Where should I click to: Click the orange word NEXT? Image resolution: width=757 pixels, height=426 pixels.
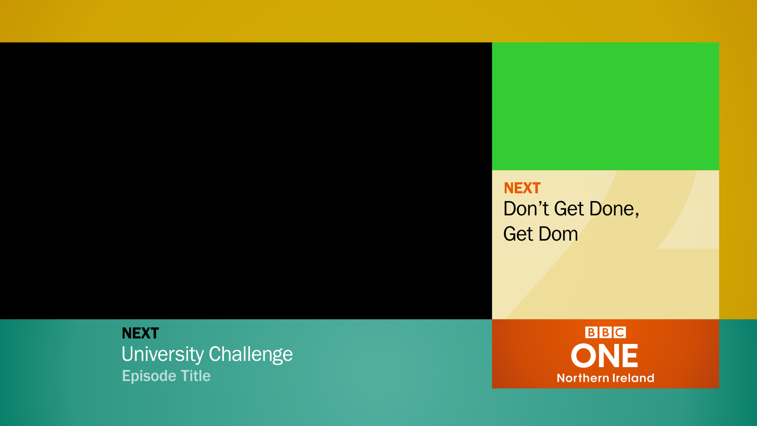coord(522,188)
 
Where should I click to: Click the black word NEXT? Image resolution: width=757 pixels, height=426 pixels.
coord(140,333)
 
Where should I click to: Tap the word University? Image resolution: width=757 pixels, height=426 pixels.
coord(163,354)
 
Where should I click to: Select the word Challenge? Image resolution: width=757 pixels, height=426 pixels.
coord(250,354)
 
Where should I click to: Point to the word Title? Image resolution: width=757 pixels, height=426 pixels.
coord(196,376)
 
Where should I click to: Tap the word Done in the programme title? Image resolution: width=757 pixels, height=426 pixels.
coord(612,209)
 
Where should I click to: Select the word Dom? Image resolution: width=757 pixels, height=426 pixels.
coord(558,234)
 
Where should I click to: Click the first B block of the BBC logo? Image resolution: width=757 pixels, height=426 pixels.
coord(591,333)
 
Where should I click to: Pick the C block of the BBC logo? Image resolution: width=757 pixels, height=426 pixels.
coord(620,333)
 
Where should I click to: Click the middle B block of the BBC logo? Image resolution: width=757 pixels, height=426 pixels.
coord(606,333)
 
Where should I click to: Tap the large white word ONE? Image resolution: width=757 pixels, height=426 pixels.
coord(604,355)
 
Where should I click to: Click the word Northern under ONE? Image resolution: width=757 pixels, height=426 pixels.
coord(583,378)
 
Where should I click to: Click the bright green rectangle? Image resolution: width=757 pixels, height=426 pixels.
coord(606,106)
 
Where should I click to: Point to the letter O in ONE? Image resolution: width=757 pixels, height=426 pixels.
coord(584,355)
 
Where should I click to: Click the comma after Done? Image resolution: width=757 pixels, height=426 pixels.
coord(637,215)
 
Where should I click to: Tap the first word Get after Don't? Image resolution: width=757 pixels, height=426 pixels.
coord(569,209)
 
